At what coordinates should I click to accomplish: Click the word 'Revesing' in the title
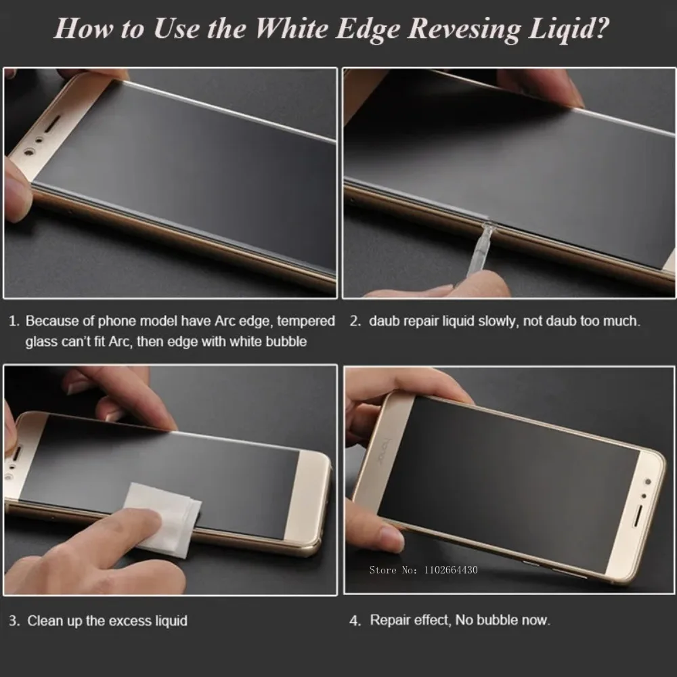464,29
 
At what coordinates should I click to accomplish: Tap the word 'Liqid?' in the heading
569,29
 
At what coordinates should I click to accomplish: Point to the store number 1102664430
451,570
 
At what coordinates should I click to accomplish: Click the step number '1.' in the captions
14,321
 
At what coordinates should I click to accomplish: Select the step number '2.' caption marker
355,321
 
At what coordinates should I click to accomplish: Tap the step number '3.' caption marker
14,620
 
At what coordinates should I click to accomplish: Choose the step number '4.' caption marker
355,620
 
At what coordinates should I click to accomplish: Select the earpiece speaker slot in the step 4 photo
637,515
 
